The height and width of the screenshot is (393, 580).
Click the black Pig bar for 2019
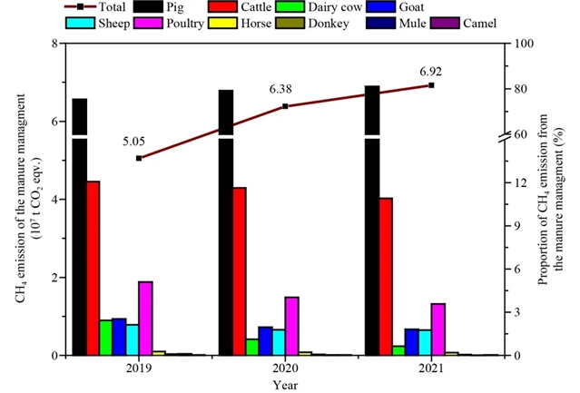pyautogui.click(x=80, y=227)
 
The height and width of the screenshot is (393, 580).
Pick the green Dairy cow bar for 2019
pyautogui.click(x=106, y=337)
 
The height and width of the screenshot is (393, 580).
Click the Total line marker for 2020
pyautogui.click(x=285, y=106)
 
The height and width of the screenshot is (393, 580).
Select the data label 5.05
pyautogui.click(x=134, y=142)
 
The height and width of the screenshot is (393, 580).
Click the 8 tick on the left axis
pyautogui.click(x=55, y=44)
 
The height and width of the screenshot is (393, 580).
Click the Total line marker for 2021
pyautogui.click(x=431, y=85)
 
